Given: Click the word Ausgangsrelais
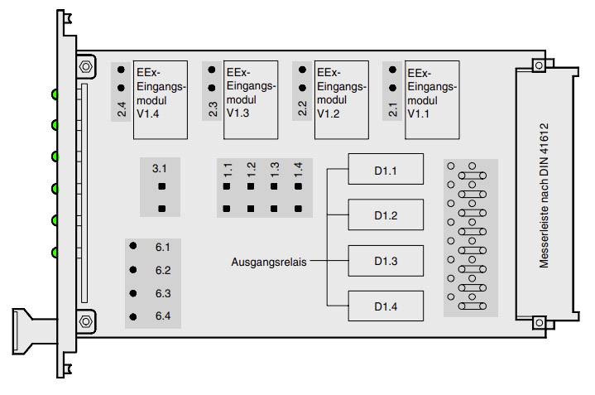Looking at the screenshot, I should coord(268,262).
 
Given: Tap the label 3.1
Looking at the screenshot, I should coord(161,168).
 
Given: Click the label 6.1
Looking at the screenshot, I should coord(161,248).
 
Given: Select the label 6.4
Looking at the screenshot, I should coord(161,316).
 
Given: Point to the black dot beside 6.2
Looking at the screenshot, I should coord(132,270).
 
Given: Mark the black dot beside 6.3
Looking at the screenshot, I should coord(132,293).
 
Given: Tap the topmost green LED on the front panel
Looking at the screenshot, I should coord(55,94).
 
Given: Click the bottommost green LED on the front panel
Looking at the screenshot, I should coord(55,252).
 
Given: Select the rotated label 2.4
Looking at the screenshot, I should coord(122,109).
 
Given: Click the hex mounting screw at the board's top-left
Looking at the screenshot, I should coord(85,65).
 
